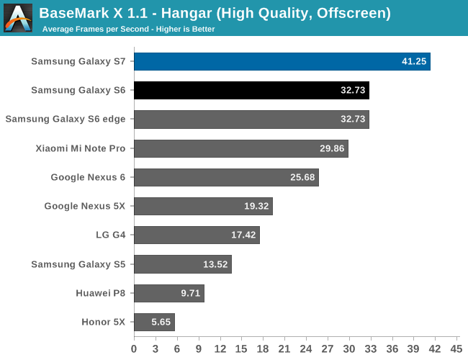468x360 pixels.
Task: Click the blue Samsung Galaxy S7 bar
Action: pyautogui.click(x=281, y=61)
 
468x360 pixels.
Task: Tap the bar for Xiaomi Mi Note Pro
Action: pyautogui.click(x=240, y=148)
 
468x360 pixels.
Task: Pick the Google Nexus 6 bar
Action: pyautogui.click(x=225, y=177)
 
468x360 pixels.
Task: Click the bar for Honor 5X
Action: pyautogui.click(x=153, y=322)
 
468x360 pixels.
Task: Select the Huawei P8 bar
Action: pyautogui.click(x=168, y=293)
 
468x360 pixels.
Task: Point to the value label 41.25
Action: pyautogui.click(x=415, y=62)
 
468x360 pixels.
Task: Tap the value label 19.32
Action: pyautogui.click(x=256, y=206)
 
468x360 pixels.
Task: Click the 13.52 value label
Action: pyautogui.click(x=215, y=264)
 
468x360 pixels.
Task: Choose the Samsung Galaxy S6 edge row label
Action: pyautogui.click(x=66, y=120)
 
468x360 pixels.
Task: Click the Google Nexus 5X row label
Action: pyautogui.click(x=84, y=206)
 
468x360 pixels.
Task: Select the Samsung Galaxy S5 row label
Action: pyautogui.click(x=78, y=264)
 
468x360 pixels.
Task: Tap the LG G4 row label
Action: pyautogui.click(x=110, y=235)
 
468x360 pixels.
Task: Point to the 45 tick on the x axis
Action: pyautogui.click(x=456, y=348)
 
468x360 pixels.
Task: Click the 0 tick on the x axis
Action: pyautogui.click(x=134, y=348)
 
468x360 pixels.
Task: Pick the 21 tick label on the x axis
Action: pyautogui.click(x=284, y=348)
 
